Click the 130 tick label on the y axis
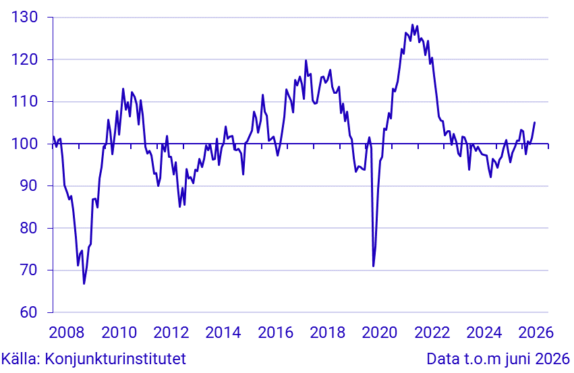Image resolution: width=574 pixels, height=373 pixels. point(24,18)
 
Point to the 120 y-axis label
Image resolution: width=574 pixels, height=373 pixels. point(24,59)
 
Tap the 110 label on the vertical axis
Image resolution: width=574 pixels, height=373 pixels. point(24,101)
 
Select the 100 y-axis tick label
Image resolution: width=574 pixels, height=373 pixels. point(24,144)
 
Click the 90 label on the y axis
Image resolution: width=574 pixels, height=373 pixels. point(29,185)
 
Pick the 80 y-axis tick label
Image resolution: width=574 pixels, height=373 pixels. point(29,228)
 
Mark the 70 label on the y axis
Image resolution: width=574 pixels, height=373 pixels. point(29,270)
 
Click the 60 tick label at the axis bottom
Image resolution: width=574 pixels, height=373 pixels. point(29,312)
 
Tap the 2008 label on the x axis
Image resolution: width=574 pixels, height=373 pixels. point(66,333)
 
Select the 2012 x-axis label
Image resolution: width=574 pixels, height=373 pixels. point(171,333)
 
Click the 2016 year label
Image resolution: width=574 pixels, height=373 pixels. point(275,333)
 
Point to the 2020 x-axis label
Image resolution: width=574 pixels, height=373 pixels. point(380,333)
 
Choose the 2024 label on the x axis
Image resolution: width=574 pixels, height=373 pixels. point(484,333)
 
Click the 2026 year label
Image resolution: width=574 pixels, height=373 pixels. point(536,333)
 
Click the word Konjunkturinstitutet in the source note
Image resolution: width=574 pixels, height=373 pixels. point(115,359)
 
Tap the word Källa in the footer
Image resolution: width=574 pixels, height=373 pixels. point(20,358)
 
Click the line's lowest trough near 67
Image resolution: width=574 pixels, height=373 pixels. point(84,284)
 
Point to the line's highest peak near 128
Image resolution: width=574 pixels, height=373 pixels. point(412,25)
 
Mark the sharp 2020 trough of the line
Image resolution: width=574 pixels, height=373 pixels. point(374,266)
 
